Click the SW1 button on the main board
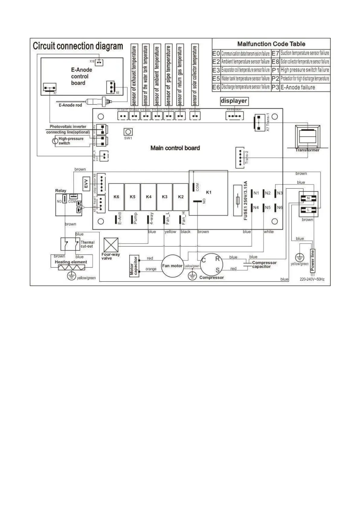point(128,132)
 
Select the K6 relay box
point(116,197)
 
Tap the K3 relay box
point(164,197)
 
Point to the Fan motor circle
point(172,266)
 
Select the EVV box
point(86,183)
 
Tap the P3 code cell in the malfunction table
point(275,87)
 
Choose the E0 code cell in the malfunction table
point(216,53)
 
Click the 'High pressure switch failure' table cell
point(305,70)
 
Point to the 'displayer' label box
point(234,101)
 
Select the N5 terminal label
point(268,208)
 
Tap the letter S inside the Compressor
point(217,270)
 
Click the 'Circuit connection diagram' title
point(78,46)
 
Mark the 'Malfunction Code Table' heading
point(271,44)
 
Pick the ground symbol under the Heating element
point(71,276)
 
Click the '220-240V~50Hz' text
point(312,280)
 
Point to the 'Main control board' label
point(175,148)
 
